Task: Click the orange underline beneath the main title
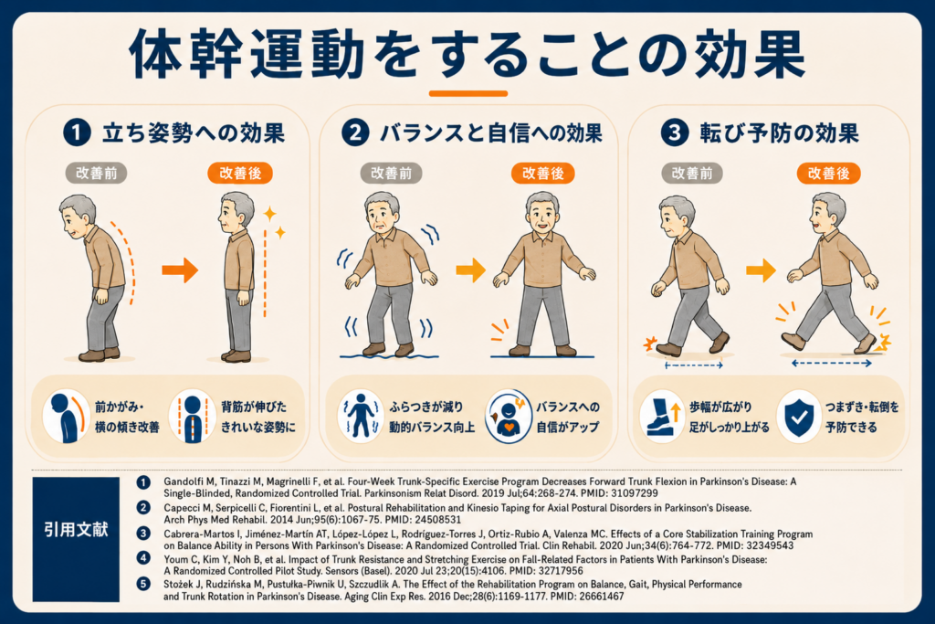(468, 94)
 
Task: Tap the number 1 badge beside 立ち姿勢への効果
(77, 132)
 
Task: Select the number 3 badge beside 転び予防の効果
(675, 132)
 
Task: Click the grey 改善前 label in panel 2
(391, 174)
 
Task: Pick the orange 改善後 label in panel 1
(240, 173)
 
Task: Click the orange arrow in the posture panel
(180, 270)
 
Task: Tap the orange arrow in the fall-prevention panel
(761, 270)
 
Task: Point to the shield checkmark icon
(799, 417)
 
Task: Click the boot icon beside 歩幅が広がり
(661, 417)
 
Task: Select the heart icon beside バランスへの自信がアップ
(508, 417)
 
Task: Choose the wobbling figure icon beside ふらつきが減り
(360, 415)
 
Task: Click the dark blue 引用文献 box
(76, 539)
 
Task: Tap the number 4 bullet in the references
(143, 558)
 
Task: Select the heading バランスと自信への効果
(490, 133)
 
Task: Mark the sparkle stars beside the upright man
(275, 221)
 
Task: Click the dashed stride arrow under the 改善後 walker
(832, 363)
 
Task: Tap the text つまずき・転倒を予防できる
(862, 417)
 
